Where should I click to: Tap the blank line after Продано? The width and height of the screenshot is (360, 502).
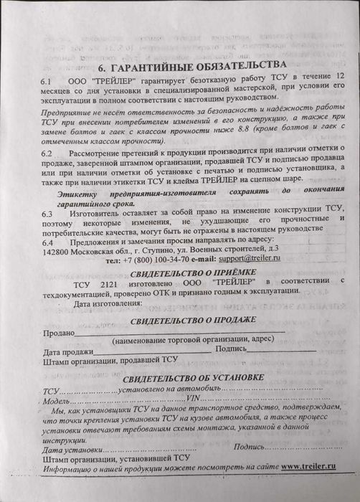tap(179, 332)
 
